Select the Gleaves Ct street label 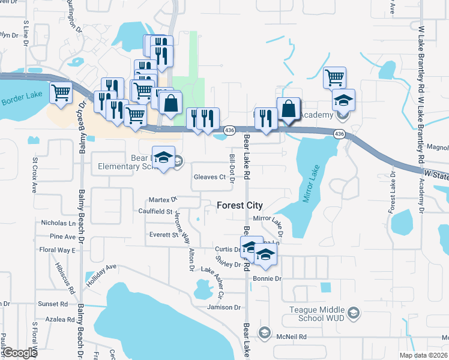click(x=209, y=177)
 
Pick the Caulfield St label click(x=156, y=212)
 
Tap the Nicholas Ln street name click(x=58, y=223)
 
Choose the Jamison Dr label click(x=223, y=307)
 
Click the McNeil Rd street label click(x=292, y=337)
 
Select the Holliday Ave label click(x=100, y=275)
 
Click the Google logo click(x=19, y=353)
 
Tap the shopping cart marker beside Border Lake click(x=61, y=93)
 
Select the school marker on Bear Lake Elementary click(x=163, y=157)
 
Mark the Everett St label click(x=164, y=235)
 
